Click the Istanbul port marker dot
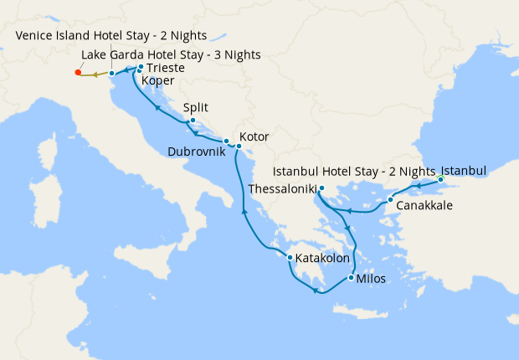[440, 180]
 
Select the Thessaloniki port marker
[321, 188]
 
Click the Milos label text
[371, 280]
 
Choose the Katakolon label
[322, 259]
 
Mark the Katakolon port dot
[290, 257]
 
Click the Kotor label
[254, 136]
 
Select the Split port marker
[193, 121]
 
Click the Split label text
[194, 108]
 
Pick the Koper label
[158, 80]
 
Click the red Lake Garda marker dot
[78, 73]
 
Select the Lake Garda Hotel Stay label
[171, 54]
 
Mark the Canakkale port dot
[390, 199]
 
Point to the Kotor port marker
[238, 147]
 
